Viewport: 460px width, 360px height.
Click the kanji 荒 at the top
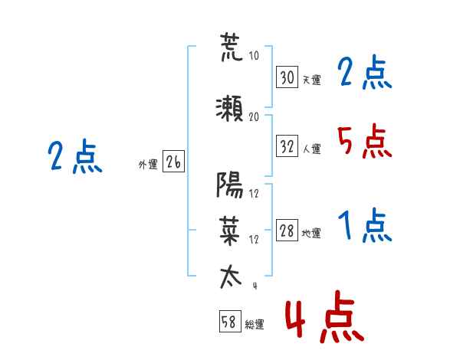tap(232, 47)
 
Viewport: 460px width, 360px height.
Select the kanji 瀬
tap(229, 109)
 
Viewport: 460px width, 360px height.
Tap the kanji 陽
tap(230, 185)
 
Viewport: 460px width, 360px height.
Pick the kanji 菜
tap(229, 231)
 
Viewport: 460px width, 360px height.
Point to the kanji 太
tap(231, 277)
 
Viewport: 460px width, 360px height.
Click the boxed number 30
tap(287, 77)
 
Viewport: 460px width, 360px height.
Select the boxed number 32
tap(287, 146)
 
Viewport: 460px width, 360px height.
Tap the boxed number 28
tap(287, 230)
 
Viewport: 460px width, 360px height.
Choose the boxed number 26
tap(174, 162)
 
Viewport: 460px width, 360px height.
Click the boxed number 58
tap(230, 321)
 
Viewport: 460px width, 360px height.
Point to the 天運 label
tap(311, 80)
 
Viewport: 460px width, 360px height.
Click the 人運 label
tap(311, 149)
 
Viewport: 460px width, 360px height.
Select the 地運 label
tap(311, 234)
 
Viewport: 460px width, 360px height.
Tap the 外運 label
tap(148, 165)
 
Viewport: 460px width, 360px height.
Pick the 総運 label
tap(255, 324)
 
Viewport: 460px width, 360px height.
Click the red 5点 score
tap(364, 141)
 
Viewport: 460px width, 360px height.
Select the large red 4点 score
tap(324, 316)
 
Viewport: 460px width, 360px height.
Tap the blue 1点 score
tap(365, 225)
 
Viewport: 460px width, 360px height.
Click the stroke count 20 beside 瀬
tap(254, 117)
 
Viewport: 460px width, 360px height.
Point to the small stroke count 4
tap(255, 286)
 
